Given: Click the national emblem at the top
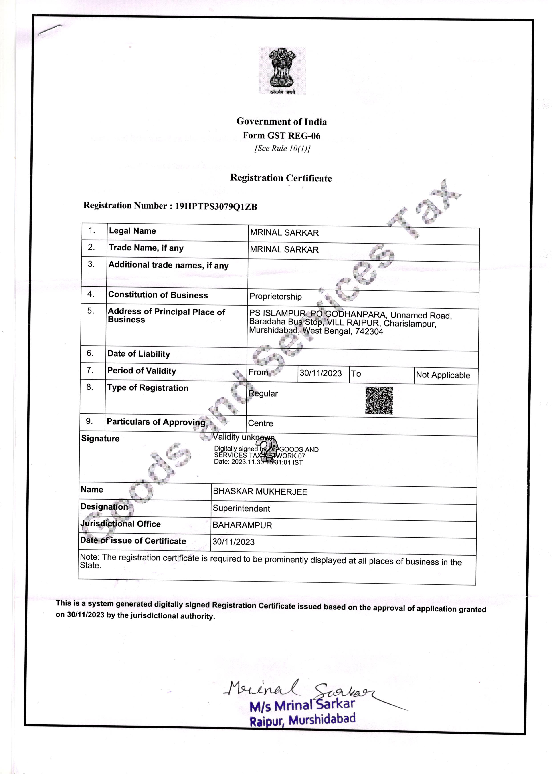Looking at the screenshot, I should tap(282, 71).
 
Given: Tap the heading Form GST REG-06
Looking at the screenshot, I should tap(281, 135).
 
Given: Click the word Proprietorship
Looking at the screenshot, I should tap(275, 296).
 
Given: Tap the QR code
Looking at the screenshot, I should tap(379, 401).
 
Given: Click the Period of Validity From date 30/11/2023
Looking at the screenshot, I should tap(321, 373).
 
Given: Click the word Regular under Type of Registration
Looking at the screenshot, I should tap(263, 394).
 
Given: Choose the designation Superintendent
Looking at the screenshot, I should tap(241, 509).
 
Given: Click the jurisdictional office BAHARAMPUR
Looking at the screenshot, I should tap(242, 525).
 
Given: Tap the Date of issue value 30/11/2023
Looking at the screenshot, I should tap(234, 542).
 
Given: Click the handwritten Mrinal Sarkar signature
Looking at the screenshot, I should tap(299, 690).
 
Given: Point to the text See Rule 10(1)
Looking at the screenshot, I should tap(282, 148).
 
